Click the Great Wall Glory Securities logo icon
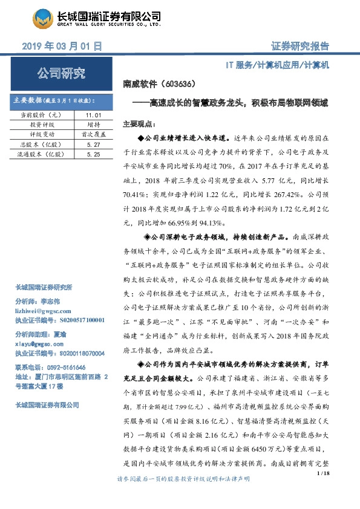[x=42, y=20]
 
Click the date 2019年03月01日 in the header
[x=61, y=46]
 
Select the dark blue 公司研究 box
[x=61, y=74]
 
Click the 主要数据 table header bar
[x=61, y=100]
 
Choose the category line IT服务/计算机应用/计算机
[x=277, y=65]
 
